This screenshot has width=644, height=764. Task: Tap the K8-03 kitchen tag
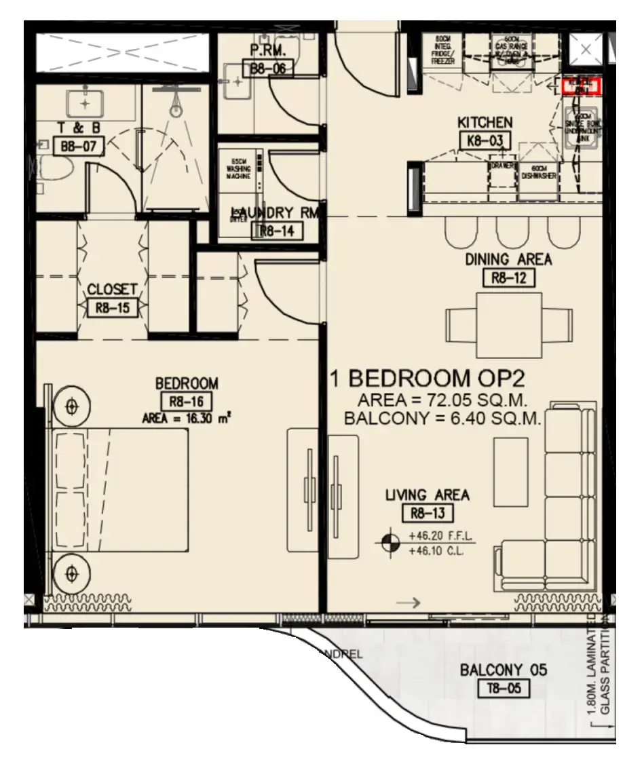[485, 140]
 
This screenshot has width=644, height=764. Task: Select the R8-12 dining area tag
[508, 277]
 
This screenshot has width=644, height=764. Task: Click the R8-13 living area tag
[427, 513]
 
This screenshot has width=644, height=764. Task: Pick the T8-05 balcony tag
[503, 689]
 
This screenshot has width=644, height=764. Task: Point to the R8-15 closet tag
[112, 308]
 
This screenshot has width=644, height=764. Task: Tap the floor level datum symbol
[390, 541]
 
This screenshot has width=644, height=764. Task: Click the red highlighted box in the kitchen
[582, 86]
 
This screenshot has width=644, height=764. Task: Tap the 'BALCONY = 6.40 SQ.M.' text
[442, 419]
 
